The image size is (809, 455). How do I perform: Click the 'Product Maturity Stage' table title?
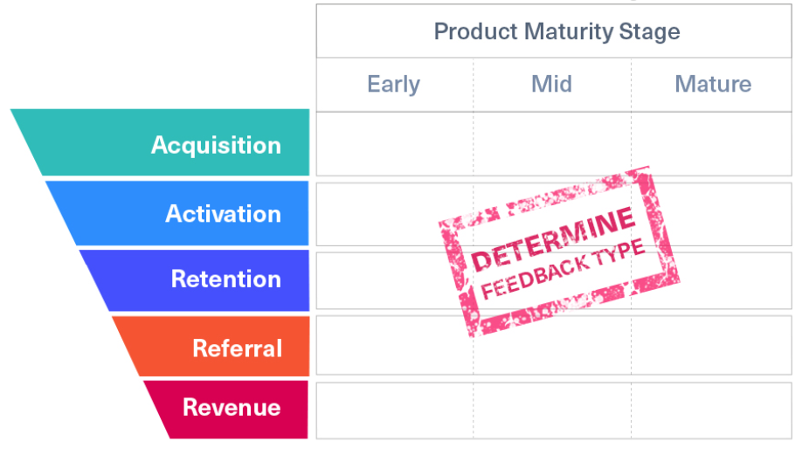click(x=557, y=31)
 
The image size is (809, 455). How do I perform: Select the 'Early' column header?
click(x=394, y=84)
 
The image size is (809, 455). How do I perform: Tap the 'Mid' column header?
click(x=551, y=84)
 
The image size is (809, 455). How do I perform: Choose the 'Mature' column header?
click(x=713, y=84)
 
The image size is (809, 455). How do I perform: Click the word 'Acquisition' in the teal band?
click(x=216, y=145)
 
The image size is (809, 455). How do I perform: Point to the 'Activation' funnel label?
click(x=223, y=214)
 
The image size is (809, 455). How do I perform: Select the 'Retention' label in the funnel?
click(x=226, y=279)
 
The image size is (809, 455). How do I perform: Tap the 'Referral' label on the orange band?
click(x=238, y=348)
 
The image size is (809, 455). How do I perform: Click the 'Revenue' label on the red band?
click(x=232, y=408)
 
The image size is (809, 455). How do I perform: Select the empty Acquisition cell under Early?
click(x=395, y=144)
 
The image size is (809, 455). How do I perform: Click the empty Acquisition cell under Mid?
click(x=552, y=144)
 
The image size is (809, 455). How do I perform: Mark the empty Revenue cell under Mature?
click(x=711, y=410)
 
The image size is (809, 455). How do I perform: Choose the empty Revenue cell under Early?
click(x=395, y=410)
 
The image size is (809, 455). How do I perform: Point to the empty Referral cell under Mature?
click(x=711, y=345)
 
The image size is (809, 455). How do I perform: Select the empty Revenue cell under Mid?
click(x=552, y=410)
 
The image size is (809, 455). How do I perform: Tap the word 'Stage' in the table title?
click(x=650, y=32)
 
